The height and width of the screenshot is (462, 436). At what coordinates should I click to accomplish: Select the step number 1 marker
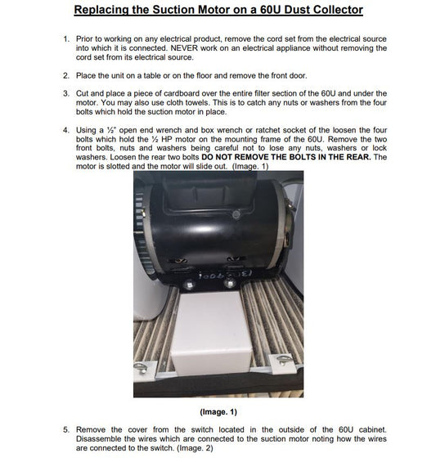65,39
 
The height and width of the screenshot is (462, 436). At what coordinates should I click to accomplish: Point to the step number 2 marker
65,75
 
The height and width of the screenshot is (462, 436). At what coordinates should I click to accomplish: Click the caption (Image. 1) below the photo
218,410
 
